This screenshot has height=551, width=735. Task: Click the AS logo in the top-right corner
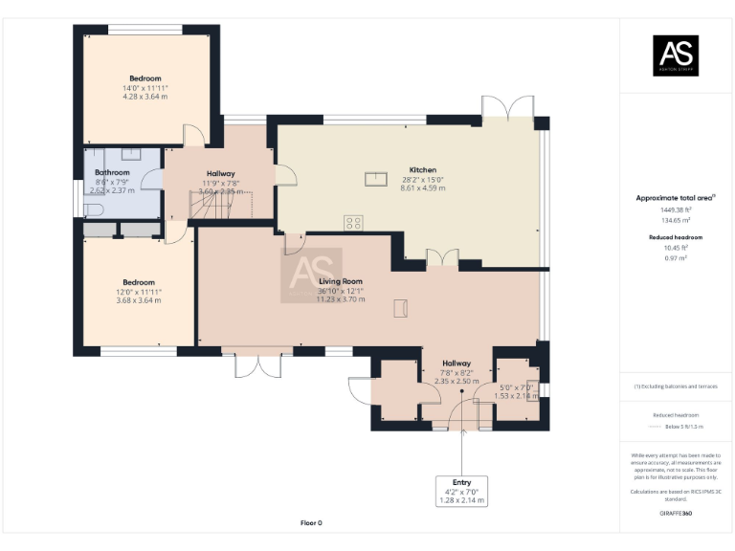click(x=676, y=55)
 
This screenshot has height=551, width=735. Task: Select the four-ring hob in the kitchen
click(x=353, y=223)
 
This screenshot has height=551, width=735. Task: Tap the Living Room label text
click(x=341, y=281)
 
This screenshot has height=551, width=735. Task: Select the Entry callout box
click(x=461, y=490)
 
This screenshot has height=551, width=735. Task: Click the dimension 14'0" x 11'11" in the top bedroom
click(x=145, y=88)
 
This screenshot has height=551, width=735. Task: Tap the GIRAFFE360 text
click(x=676, y=515)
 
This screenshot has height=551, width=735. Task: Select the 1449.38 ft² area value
click(x=676, y=209)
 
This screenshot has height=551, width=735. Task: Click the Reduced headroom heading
click(x=676, y=236)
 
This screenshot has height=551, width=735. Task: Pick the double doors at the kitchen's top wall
click(x=507, y=107)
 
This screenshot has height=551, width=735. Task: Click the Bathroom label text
click(x=112, y=172)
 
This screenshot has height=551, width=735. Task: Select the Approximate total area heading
click(x=676, y=198)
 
